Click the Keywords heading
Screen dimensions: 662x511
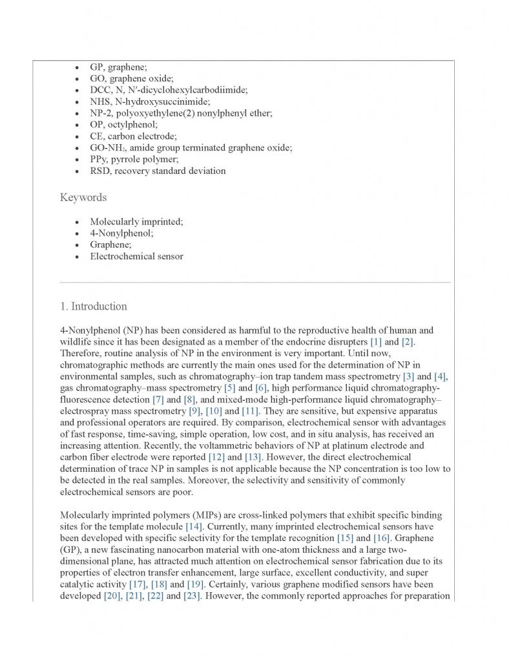tap(83, 197)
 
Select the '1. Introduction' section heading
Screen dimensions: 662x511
tap(93, 306)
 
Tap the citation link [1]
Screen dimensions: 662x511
tap(375, 341)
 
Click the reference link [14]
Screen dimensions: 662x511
tap(194, 526)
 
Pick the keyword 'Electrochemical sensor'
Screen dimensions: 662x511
tap(136, 256)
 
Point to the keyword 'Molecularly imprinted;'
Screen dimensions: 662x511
tap(136, 221)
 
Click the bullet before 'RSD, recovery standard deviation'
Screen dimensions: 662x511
tap(78, 171)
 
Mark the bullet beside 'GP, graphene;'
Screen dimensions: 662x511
tap(78, 67)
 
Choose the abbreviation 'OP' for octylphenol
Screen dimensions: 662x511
tap(96, 124)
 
